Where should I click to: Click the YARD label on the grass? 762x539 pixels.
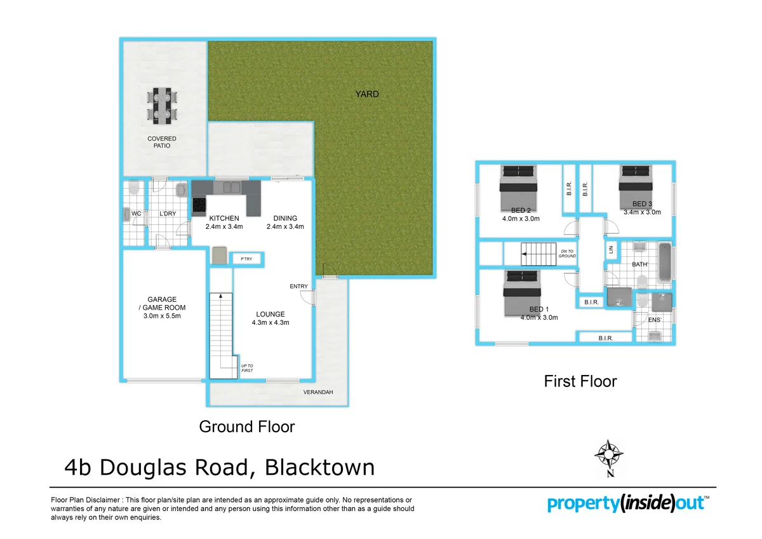[x=367, y=94]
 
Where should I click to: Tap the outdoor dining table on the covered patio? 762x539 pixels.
[x=162, y=106]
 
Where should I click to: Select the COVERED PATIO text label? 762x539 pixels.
[x=162, y=142]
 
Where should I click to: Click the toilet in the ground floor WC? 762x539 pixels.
[x=133, y=189]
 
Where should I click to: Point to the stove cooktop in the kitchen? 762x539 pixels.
[x=199, y=205]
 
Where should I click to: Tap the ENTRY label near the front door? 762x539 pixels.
[x=298, y=287]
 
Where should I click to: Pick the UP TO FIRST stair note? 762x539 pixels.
[x=247, y=368]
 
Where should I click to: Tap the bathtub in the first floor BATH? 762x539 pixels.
[x=664, y=262]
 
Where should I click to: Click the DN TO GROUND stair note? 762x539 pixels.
[x=567, y=254]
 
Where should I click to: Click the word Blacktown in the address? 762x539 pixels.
[x=319, y=468]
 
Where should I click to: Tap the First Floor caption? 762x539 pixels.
[x=580, y=381]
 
